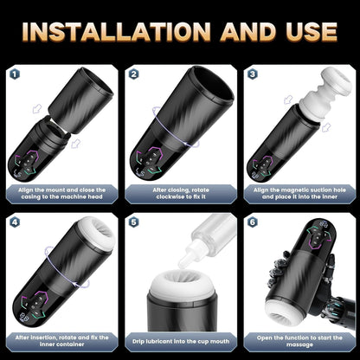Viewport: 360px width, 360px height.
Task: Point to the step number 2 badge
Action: pos(133,74)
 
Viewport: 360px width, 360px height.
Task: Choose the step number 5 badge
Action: pos(133,222)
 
